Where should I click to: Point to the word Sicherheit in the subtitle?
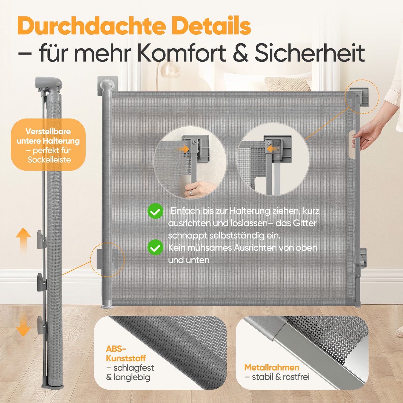[310, 53]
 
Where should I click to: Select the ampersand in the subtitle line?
[240, 53]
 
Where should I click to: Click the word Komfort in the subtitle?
[182, 53]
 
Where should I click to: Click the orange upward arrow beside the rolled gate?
[23, 240]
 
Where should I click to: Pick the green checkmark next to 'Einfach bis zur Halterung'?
[155, 211]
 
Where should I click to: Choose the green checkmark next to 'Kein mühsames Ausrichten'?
[155, 247]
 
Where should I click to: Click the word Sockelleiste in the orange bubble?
[49, 160]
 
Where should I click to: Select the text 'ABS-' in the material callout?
[116, 349]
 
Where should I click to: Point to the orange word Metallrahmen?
[272, 367]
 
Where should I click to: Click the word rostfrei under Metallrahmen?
[296, 377]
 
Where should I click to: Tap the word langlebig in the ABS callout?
[132, 377]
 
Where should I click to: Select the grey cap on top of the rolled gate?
[49, 84]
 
